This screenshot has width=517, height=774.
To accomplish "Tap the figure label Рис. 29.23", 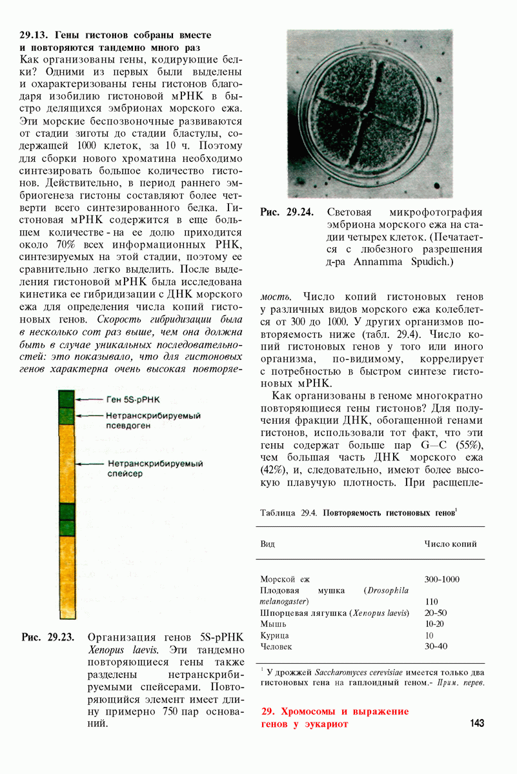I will pyautogui.click(x=48, y=637).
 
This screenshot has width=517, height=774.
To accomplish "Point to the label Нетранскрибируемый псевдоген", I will pyautogui.click(x=154, y=421).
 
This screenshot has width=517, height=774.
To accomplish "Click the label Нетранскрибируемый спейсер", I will pyautogui.click(x=155, y=469).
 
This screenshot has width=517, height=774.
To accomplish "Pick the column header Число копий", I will pyautogui.click(x=451, y=544).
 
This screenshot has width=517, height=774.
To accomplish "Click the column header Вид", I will pyautogui.click(x=267, y=544).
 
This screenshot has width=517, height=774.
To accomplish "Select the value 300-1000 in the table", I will pyautogui.click(x=442, y=579).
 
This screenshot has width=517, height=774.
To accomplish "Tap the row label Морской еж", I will pyautogui.click(x=285, y=579).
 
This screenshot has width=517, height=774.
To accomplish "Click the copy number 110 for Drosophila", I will pyautogui.click(x=432, y=602).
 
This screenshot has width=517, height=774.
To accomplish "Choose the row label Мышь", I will pyautogui.click(x=272, y=624).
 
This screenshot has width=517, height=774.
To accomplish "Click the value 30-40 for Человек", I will pyautogui.click(x=436, y=646).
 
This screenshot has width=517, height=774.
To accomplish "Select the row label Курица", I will pyautogui.click(x=274, y=635).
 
